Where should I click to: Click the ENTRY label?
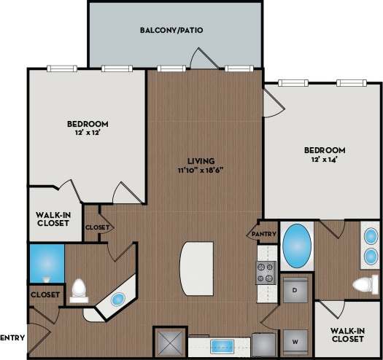13,337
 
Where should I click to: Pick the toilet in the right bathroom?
361,284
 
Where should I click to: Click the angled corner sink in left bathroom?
117,299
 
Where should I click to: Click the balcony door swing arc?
198,57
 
